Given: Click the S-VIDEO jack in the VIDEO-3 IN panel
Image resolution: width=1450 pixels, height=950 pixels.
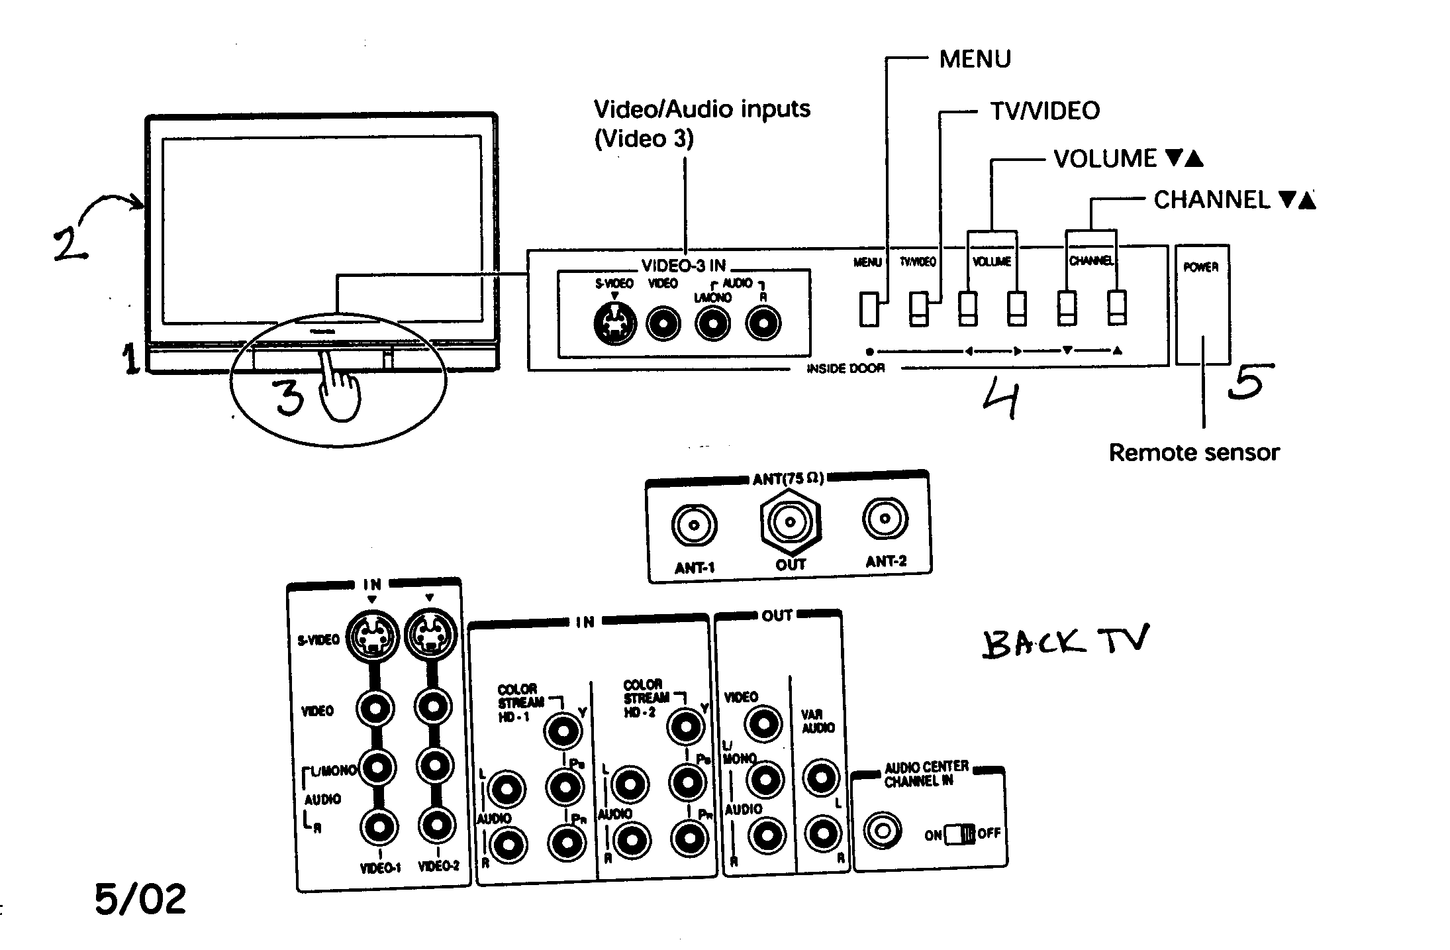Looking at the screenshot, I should (615, 325).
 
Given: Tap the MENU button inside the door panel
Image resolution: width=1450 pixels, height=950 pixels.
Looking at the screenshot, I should (869, 309).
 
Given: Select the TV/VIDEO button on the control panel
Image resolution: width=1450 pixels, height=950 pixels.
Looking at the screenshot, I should (918, 309).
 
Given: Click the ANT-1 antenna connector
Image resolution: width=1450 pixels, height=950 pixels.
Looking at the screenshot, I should (693, 525).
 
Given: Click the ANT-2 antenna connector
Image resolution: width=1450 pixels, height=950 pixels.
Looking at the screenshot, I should (885, 518).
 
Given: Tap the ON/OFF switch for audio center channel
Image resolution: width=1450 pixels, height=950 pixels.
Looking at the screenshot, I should (959, 833).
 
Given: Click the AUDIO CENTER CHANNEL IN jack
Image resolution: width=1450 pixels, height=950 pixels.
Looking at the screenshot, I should (883, 831).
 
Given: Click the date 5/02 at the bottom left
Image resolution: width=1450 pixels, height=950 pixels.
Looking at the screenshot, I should (140, 900).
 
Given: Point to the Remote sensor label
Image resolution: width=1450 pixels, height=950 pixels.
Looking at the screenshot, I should (1194, 452).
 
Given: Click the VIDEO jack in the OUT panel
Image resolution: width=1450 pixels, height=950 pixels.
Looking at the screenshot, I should (763, 723).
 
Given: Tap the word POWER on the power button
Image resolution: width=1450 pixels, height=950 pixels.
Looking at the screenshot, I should (1201, 267).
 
